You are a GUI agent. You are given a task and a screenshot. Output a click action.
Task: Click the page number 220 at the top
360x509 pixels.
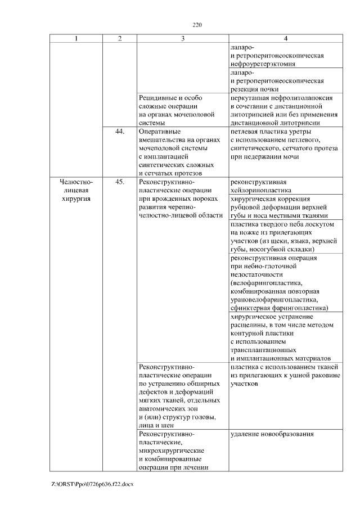click(197, 25)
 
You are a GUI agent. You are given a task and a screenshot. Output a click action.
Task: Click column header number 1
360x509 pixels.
click(76, 38)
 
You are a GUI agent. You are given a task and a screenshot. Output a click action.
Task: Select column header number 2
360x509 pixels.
click(119, 38)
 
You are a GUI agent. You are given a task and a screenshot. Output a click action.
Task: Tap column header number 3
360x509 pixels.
click(182, 38)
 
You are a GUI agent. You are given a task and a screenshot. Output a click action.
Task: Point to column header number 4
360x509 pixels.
click(285, 38)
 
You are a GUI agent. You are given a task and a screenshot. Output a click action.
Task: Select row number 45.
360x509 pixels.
click(119, 182)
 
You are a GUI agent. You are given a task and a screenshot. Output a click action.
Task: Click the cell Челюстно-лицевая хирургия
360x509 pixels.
click(76, 190)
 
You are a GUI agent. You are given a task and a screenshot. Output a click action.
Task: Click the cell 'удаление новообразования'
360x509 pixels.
click(272, 434)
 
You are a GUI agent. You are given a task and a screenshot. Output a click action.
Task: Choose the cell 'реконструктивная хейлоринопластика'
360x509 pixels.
click(262, 186)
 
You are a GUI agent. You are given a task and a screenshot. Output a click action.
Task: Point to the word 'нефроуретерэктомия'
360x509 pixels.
click(262, 64)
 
